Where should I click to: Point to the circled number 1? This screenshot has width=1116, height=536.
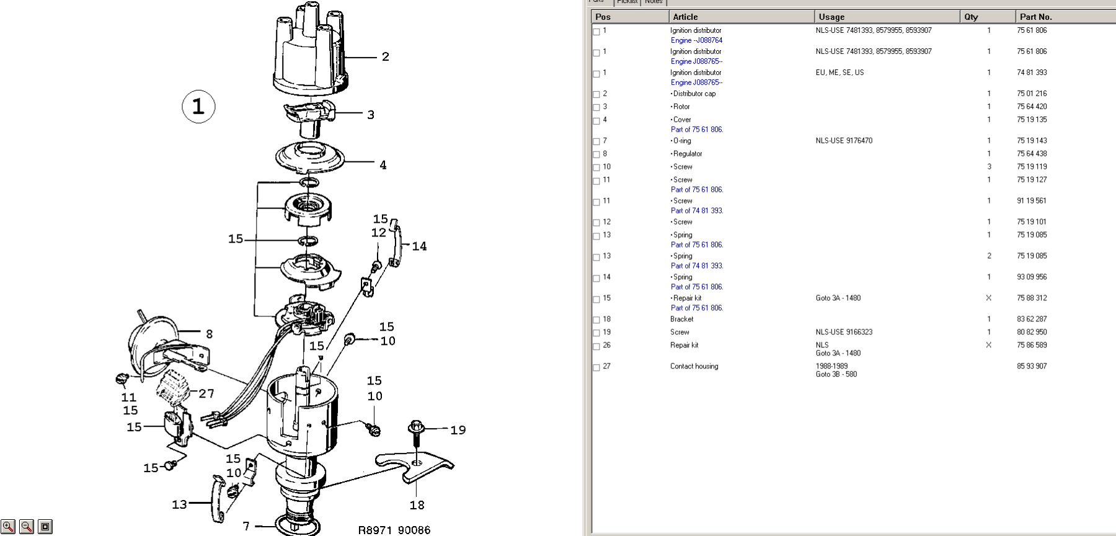coord(198,107)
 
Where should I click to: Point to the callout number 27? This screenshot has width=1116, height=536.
coord(206,393)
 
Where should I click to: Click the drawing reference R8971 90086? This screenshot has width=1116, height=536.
coord(394,530)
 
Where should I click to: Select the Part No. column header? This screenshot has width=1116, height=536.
coord(1035,17)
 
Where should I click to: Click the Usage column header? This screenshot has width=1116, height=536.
coord(831,17)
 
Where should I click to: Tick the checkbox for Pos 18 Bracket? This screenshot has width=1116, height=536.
coord(596,320)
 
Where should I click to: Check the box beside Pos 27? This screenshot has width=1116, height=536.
coord(596,367)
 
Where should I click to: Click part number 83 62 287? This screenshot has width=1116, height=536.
coord(1032,319)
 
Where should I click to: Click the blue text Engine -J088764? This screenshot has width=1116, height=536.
coord(696,40)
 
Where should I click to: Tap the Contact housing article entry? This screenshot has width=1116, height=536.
coord(694,366)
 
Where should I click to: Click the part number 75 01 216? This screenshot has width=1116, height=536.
coord(1032,94)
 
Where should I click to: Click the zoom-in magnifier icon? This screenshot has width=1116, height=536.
coord(8,527)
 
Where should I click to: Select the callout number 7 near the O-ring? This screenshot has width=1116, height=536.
coord(246,526)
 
